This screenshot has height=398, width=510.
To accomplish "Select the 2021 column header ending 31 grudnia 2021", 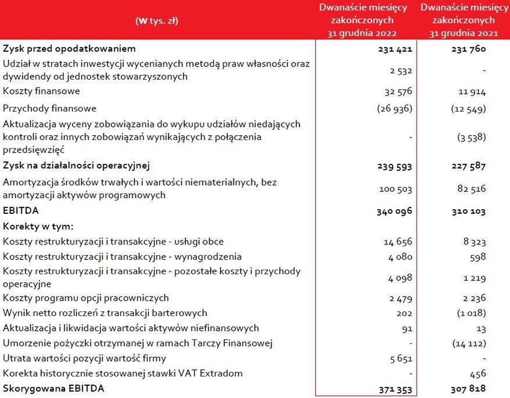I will click(463, 20).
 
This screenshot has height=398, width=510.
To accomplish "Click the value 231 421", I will click(395, 49).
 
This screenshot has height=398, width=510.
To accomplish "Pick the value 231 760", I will click(469, 49).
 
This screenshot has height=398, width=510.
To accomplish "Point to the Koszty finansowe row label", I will click(41, 91).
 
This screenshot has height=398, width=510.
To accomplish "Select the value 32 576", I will click(398, 91).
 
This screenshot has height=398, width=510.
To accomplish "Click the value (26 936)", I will click(395, 109).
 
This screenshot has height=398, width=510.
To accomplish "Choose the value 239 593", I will click(395, 166).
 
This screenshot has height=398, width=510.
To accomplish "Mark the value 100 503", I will click(395, 188).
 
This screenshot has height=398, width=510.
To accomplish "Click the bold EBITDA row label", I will click(20, 210).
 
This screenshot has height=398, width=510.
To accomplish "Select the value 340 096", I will click(394, 210).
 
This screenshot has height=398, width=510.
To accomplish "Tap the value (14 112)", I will click(469, 343).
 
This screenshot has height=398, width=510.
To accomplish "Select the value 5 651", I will click(401, 358).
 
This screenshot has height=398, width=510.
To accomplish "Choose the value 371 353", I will click(395, 388).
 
